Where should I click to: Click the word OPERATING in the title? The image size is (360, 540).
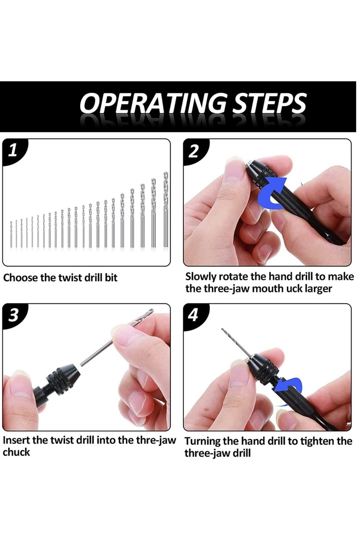[153, 103]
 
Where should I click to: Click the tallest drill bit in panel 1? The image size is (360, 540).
[166, 210]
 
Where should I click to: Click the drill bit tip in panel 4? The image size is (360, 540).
[223, 329]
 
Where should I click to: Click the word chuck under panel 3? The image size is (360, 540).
[16, 452]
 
